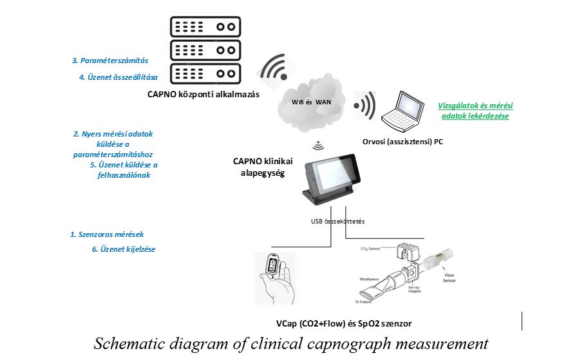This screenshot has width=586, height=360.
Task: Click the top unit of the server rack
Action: pos(205,27)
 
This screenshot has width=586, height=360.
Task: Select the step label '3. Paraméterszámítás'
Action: pos(110,61)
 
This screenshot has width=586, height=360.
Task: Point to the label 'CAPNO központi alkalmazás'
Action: pos(203,95)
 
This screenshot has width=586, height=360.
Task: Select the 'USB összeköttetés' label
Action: pos(338,221)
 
